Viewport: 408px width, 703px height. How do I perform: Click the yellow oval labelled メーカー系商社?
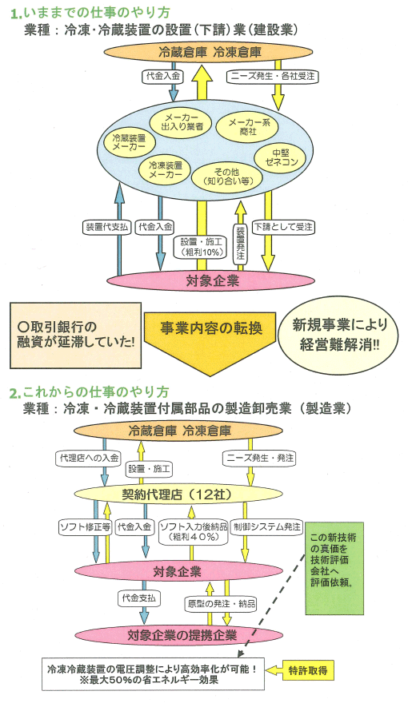coord(246,125)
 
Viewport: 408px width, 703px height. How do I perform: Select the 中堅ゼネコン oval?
coord(281,157)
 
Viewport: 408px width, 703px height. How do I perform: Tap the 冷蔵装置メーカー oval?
coord(129,142)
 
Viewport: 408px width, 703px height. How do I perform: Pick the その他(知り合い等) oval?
coord(227,176)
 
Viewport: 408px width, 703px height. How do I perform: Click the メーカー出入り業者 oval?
coord(182,121)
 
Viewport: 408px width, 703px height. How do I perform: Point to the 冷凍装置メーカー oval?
coord(166,169)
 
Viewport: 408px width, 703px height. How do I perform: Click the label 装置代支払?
coord(106,227)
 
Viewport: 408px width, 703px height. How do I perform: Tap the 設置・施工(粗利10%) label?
coord(201,247)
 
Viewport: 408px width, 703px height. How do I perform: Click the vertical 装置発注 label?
coord(240,242)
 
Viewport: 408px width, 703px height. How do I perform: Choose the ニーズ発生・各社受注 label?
coord(272,76)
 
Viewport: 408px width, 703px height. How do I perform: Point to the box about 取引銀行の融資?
coord(75,336)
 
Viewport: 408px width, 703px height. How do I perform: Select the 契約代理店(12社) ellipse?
coord(178,494)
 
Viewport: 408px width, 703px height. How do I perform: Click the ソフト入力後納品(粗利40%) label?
coord(194,531)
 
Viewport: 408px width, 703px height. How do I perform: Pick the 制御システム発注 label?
coord(267,526)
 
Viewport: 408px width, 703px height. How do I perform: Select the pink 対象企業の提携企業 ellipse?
coord(178,635)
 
